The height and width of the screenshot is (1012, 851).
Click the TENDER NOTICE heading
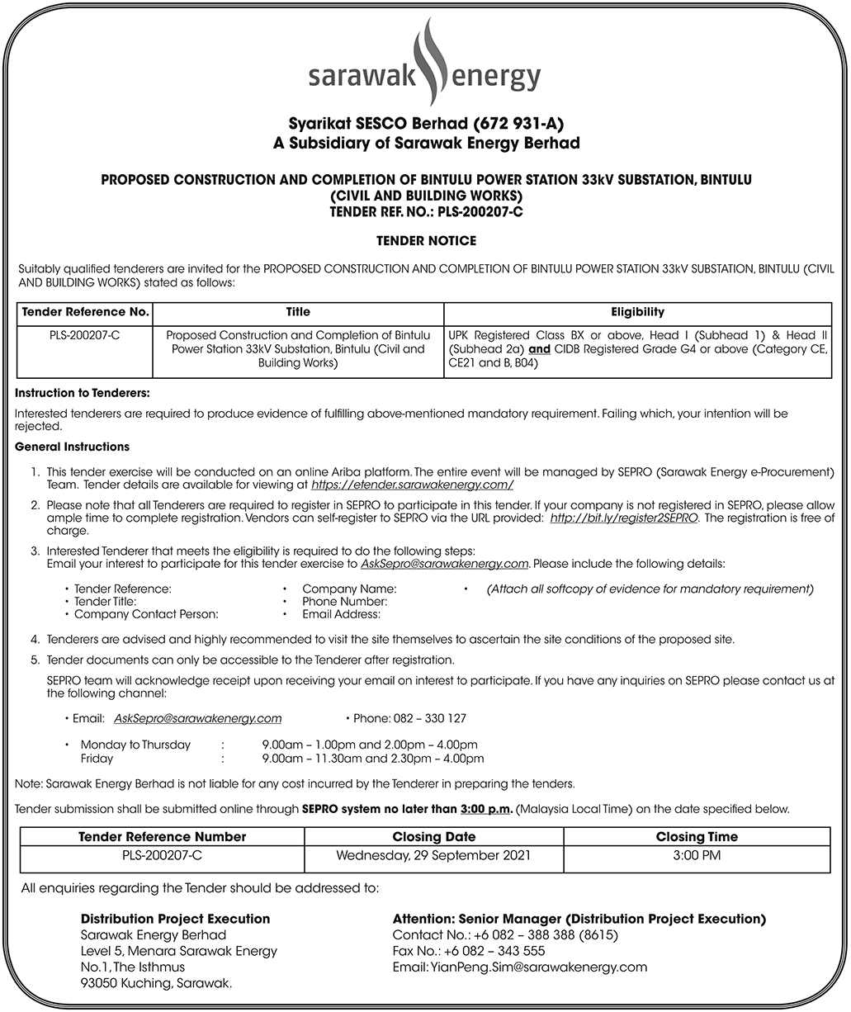tap(426, 241)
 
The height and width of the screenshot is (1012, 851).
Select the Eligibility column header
tap(637, 312)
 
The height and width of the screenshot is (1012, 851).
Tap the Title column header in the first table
tap(298, 312)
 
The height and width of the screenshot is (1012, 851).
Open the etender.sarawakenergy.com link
tap(412, 485)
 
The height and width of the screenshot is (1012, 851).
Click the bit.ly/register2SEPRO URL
tap(624, 518)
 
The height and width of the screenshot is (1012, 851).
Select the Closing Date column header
tap(433, 836)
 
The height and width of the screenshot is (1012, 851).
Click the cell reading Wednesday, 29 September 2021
tap(433, 855)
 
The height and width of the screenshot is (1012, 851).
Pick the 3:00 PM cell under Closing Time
tap(697, 855)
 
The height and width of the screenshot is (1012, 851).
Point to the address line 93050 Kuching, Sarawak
tap(156, 983)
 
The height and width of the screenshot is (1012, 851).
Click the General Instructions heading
tap(73, 447)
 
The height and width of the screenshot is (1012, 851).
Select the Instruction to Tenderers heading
tap(83, 394)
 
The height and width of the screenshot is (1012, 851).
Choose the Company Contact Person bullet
tap(146, 614)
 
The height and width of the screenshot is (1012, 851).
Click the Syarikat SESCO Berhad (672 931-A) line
tap(426, 124)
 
